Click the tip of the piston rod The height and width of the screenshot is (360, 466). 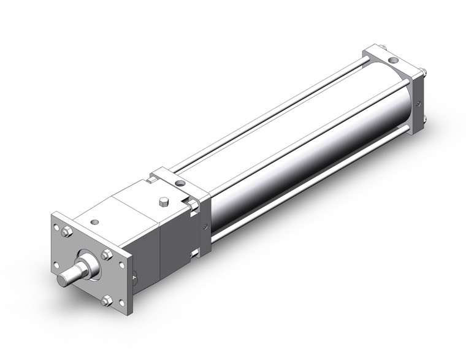point(63,280)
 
